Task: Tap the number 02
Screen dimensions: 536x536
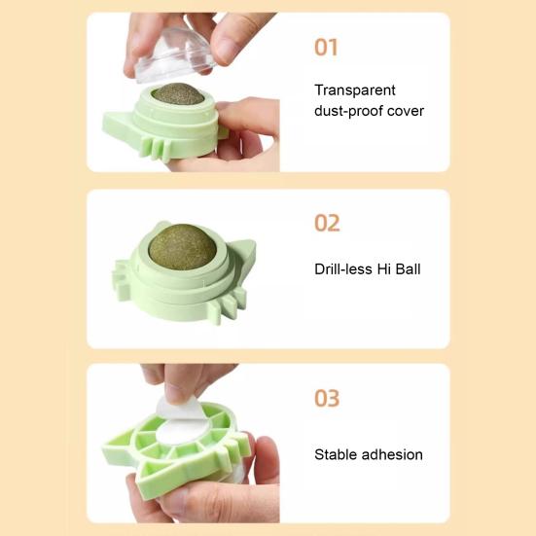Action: pyautogui.click(x=328, y=223)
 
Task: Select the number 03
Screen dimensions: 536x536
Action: pyautogui.click(x=328, y=398)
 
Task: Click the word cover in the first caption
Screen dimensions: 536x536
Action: pyautogui.click(x=407, y=111)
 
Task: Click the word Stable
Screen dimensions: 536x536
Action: pyautogui.click(x=335, y=454)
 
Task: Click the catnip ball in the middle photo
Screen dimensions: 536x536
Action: pyautogui.click(x=183, y=247)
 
